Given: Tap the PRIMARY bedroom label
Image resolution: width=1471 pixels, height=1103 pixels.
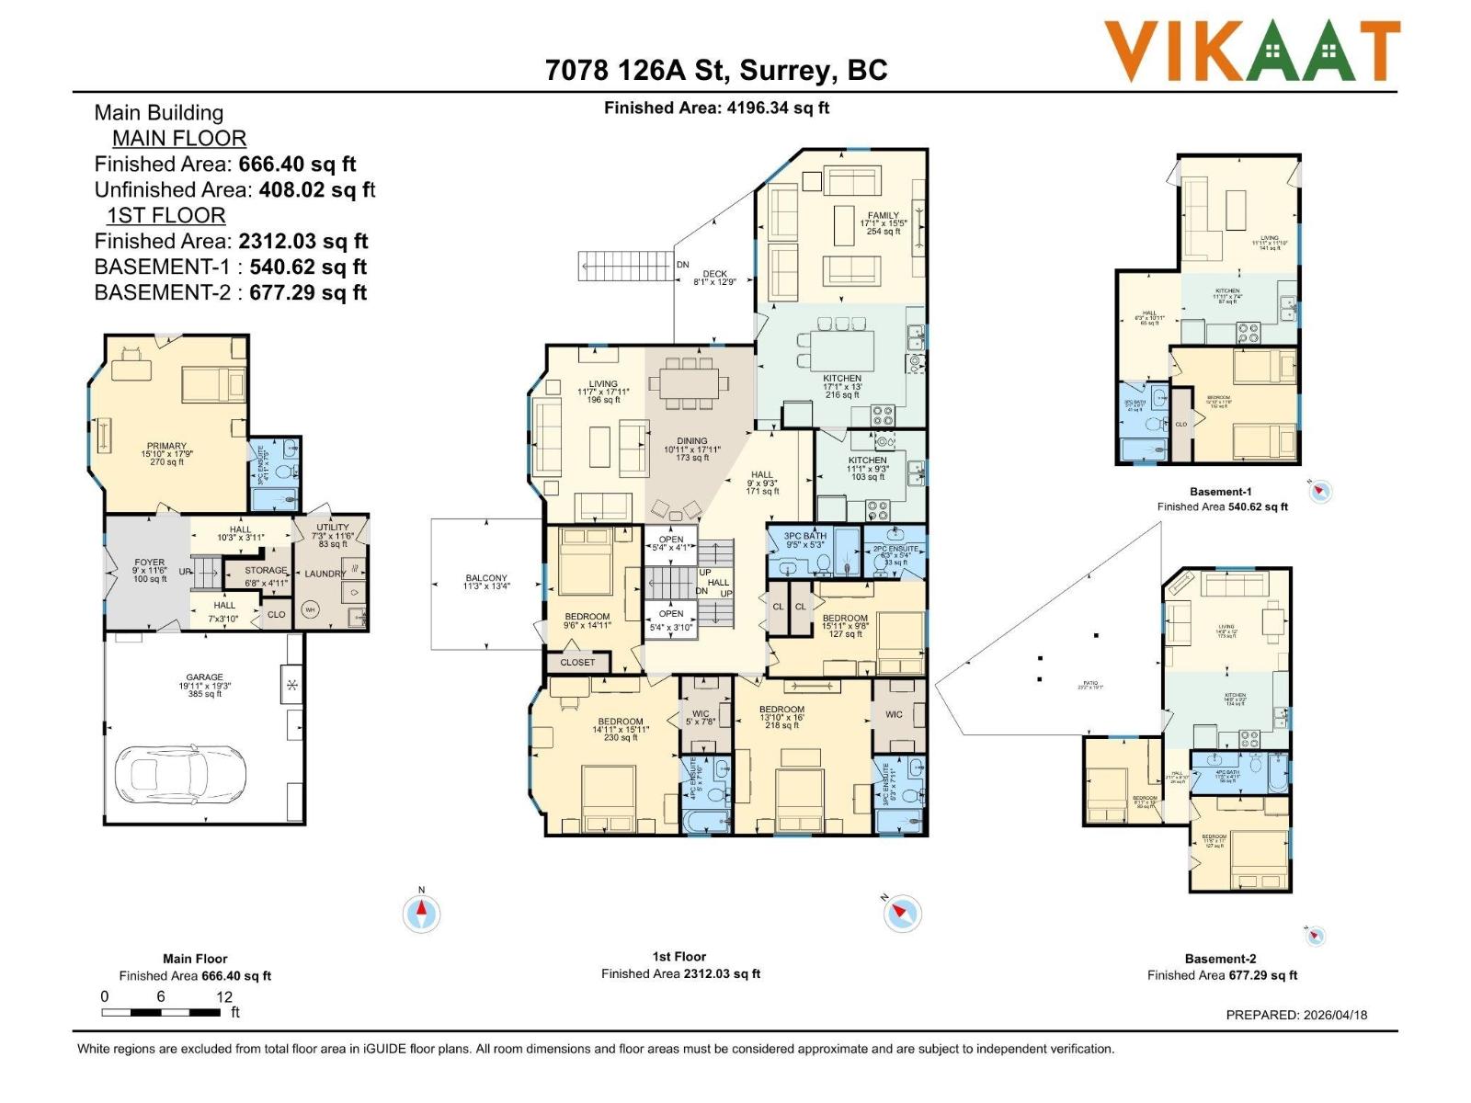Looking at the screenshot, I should pyautogui.click(x=166, y=447).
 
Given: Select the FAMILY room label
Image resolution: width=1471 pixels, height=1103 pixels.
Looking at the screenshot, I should pyautogui.click(x=883, y=216).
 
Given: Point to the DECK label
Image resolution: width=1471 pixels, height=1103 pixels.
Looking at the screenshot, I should pyautogui.click(x=714, y=274).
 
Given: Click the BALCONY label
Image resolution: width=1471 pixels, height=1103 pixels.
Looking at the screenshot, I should pyautogui.click(x=486, y=579).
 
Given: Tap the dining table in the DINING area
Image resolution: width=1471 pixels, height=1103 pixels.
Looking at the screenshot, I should pyautogui.click(x=690, y=382).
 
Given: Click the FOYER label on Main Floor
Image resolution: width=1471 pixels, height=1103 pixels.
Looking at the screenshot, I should pyautogui.click(x=150, y=563).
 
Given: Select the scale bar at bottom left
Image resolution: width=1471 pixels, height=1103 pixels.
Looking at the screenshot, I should pyautogui.click(x=162, y=1012).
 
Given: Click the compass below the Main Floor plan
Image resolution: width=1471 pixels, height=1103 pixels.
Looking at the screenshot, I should pyautogui.click(x=422, y=913).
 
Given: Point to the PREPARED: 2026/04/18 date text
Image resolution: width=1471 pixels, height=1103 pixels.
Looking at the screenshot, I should pyautogui.click(x=1296, y=1015).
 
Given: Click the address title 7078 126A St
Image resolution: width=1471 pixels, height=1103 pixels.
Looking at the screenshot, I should pyautogui.click(x=716, y=70).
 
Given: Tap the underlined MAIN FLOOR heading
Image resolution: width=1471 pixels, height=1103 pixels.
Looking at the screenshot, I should pyautogui.click(x=179, y=139).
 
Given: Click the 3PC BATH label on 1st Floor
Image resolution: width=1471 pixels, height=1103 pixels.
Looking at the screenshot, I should pyautogui.click(x=804, y=536).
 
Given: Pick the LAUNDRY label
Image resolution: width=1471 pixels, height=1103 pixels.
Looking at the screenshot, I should pyautogui.click(x=325, y=574).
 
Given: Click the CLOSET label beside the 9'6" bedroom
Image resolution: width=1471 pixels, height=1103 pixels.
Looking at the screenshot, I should pyautogui.click(x=577, y=662).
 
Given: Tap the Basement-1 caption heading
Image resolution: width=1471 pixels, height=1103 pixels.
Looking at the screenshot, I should pyautogui.click(x=1220, y=492).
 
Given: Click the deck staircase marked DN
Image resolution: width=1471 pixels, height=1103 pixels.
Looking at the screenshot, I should pyautogui.click(x=625, y=266).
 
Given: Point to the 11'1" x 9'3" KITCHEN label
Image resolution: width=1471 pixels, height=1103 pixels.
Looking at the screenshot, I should pyautogui.click(x=867, y=461).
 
